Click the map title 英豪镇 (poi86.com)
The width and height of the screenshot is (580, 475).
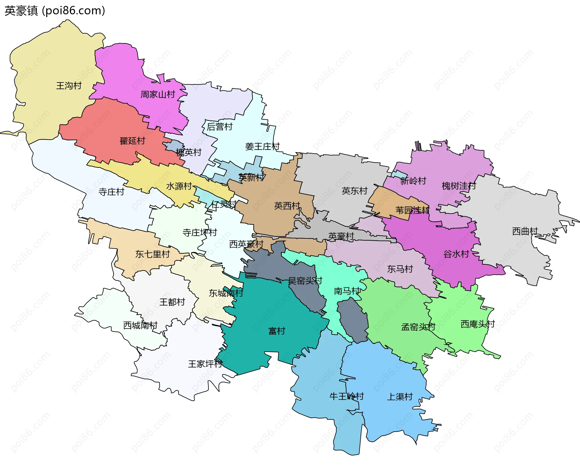55,11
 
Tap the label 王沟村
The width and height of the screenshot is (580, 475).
69,86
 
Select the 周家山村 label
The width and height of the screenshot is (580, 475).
158,95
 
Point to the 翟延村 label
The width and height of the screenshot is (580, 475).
132,141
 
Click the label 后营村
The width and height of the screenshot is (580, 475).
220,127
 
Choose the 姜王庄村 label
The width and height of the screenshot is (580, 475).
262,147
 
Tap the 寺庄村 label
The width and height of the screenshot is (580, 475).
111,192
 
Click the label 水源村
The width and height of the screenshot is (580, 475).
179,186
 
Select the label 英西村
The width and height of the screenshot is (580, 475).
287,206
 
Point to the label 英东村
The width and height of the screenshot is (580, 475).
354,191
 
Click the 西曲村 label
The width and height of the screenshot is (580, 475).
525,231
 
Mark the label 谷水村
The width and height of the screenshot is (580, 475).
456,254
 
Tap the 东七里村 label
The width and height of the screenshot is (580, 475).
152,254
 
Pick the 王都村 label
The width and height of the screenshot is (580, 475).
172,302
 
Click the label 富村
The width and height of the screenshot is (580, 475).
277,331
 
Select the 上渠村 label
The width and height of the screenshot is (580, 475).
400,397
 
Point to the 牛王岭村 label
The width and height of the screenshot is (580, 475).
346,396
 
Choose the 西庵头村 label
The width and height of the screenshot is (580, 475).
477,324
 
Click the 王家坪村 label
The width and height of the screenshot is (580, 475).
205,364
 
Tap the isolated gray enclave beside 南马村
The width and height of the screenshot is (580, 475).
353,320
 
